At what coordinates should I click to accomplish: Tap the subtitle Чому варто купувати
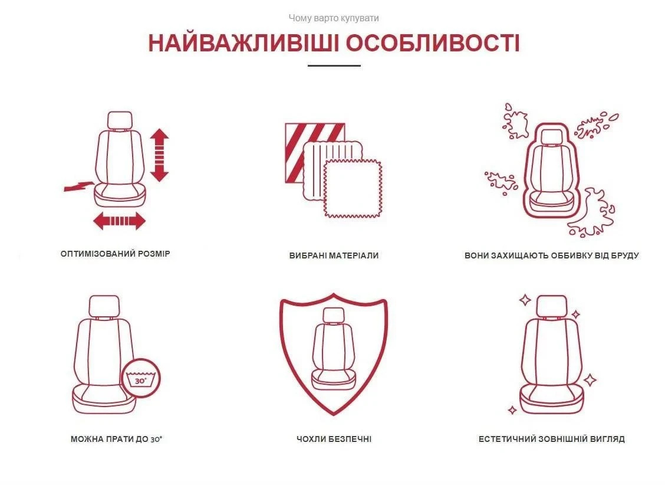(x=334, y=18)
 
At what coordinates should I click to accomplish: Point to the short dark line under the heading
(x=334, y=65)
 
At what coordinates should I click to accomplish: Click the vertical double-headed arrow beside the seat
(x=159, y=155)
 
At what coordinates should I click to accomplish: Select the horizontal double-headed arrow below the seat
(x=119, y=221)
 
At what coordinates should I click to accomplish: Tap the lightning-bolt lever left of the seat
(x=79, y=185)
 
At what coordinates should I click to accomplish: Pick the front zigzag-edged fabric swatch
(x=353, y=188)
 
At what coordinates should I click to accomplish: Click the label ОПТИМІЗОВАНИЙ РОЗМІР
(x=116, y=254)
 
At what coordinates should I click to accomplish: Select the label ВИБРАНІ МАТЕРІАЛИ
(x=334, y=255)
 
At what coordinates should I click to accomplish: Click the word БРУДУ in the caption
(x=624, y=255)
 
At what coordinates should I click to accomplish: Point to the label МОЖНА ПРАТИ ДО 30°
(x=117, y=439)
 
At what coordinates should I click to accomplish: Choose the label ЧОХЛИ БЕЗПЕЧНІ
(x=334, y=439)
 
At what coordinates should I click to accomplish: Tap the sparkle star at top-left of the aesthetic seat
(x=525, y=300)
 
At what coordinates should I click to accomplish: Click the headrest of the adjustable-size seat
(x=120, y=120)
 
